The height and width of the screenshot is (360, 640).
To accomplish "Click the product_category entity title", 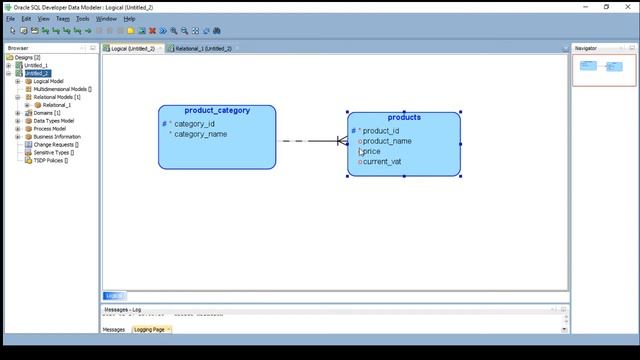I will point(217,111).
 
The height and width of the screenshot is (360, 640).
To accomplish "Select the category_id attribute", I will point(194,124).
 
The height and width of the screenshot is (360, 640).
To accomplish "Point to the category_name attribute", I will point(200,134).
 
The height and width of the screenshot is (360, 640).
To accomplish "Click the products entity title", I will point(404,118).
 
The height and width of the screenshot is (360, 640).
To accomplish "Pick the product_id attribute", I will point(380,131).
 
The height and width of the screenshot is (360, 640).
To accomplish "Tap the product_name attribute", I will point(386,141).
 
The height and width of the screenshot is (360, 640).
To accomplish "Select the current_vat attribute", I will point(382,161).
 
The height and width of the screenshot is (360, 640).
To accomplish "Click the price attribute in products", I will point(372,151).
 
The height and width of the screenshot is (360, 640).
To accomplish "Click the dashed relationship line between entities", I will point(300,141).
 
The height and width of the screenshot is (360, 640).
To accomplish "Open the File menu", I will point(11,19).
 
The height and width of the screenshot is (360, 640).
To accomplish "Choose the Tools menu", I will point(83,19).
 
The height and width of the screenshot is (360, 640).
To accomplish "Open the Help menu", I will point(129,19).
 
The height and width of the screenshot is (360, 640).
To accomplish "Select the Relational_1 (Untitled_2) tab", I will point(202,48).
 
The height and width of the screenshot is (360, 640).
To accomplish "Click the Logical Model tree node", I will point(48,81).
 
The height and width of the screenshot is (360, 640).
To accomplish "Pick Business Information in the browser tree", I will point(57,137).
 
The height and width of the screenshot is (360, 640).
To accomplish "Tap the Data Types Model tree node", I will point(53,121).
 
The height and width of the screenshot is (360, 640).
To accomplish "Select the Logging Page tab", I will point(150,329).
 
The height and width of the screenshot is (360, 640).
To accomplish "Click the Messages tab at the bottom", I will point(114,329).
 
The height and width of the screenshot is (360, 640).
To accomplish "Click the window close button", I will point(628,6).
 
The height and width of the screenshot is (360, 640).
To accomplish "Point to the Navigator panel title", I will point(586,48).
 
